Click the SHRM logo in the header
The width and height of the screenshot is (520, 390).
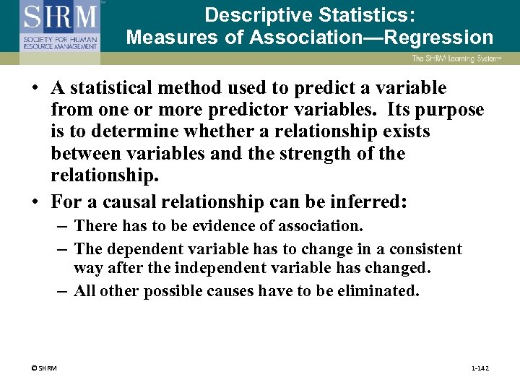(59, 27)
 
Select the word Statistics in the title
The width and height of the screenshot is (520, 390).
(364, 14)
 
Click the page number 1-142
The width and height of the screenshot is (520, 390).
(480, 368)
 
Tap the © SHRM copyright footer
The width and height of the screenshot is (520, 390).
(44, 368)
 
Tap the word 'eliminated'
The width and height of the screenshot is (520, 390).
(375, 291)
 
